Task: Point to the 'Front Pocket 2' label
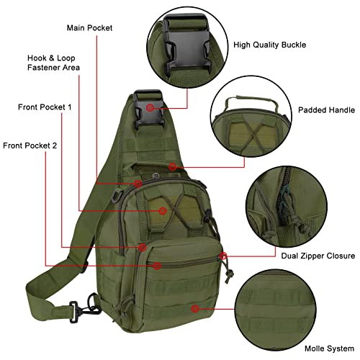[x=30, y=145]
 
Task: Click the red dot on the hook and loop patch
[x=163, y=211]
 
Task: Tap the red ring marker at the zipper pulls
[x=225, y=255]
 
